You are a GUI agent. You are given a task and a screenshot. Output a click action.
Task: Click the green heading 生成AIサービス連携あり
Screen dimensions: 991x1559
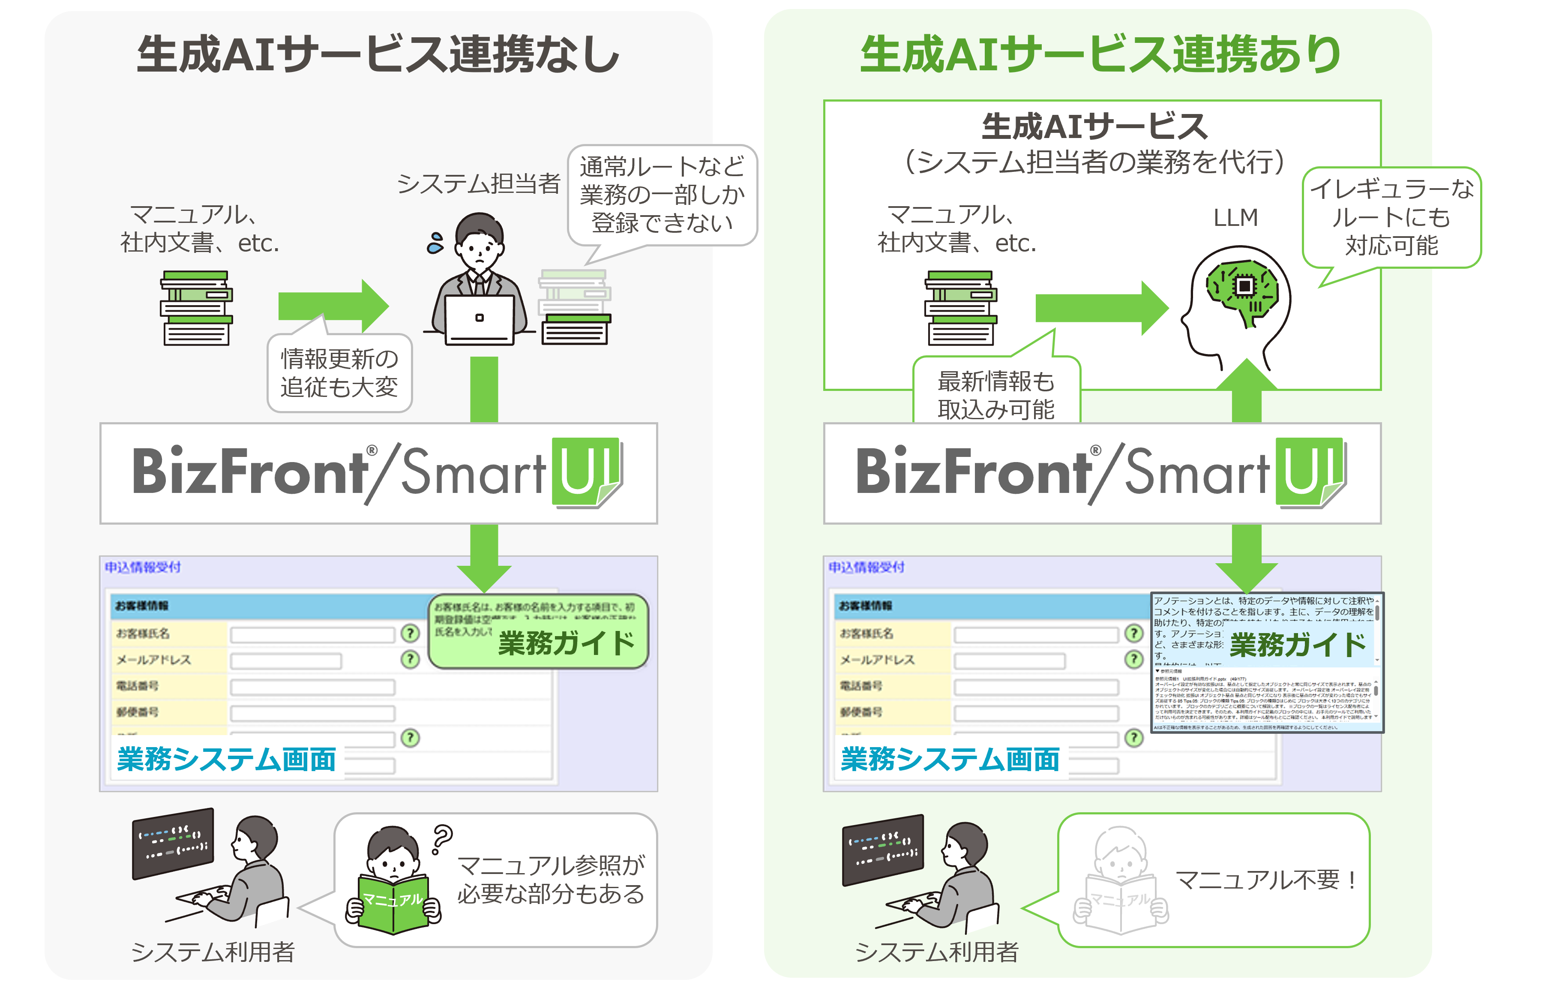tap(1100, 54)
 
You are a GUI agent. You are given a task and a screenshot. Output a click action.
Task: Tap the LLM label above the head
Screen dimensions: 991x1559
tap(1235, 218)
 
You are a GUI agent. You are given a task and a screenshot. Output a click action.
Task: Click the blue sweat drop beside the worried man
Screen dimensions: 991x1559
tap(435, 243)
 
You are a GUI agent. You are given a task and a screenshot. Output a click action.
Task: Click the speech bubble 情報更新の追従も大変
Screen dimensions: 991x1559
tap(339, 373)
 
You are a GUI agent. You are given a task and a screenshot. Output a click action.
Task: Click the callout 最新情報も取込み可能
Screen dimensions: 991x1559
tap(996, 394)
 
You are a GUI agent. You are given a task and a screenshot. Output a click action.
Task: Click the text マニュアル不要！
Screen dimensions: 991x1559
tap(1266, 880)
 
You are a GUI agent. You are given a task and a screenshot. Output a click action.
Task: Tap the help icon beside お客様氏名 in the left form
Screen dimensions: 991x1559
tap(410, 633)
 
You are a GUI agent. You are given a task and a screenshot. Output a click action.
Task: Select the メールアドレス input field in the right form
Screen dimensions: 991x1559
tap(1009, 661)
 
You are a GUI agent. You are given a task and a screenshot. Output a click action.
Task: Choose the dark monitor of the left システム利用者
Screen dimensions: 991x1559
tap(173, 842)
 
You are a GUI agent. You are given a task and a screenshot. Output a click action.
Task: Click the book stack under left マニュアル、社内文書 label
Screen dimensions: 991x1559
tap(196, 308)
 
